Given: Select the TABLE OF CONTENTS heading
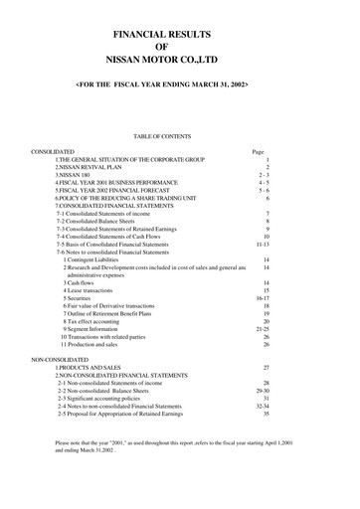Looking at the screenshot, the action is point(179,135).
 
